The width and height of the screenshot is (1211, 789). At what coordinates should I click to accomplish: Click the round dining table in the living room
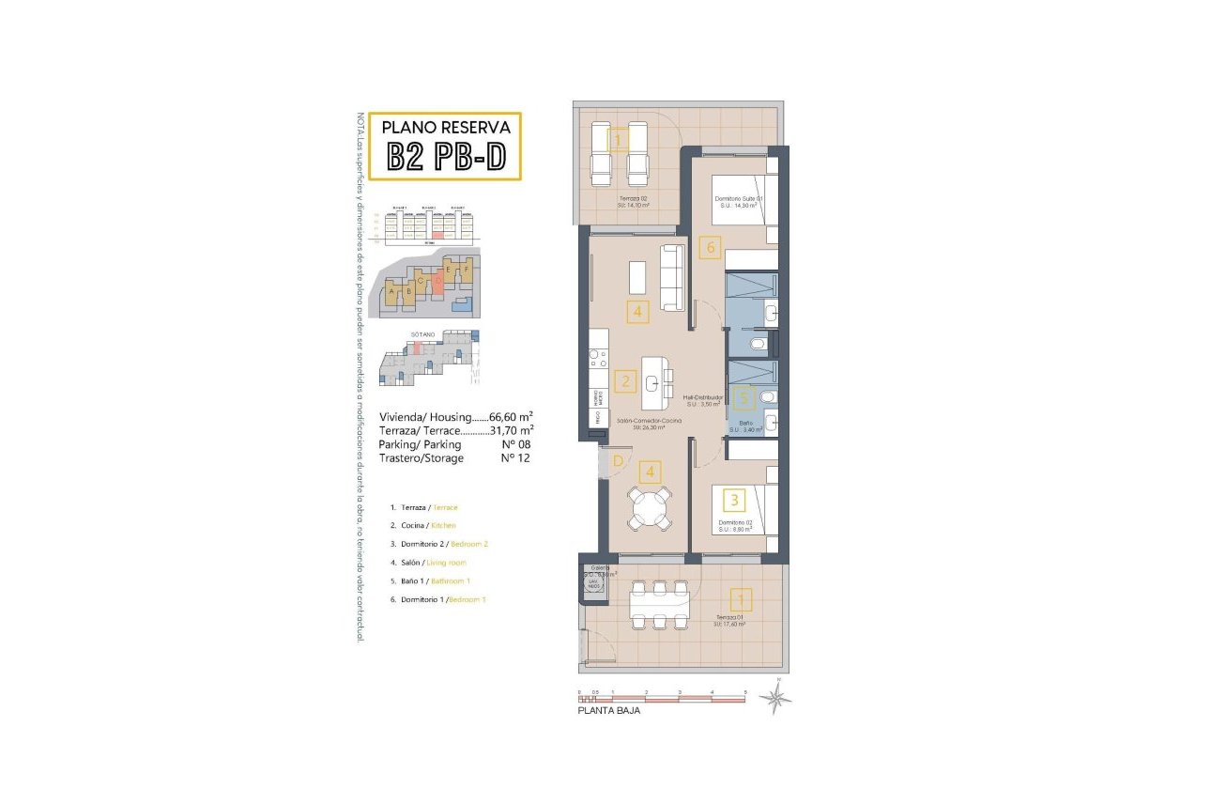tap(651, 511)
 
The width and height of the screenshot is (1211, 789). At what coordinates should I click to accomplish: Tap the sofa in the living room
tap(673, 277)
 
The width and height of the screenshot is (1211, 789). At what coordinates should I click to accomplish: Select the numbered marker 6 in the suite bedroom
tap(711, 249)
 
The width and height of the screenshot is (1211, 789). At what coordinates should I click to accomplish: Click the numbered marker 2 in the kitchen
tap(625, 381)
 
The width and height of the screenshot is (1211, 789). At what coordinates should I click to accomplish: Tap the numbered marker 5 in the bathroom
tap(743, 398)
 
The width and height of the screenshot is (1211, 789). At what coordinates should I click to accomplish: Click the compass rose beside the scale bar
tap(776, 697)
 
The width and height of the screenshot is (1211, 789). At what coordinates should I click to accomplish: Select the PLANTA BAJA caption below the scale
tap(608, 712)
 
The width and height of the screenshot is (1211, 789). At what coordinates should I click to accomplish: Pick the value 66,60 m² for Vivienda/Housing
tap(512, 416)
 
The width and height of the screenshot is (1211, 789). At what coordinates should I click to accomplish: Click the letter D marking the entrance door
tap(617, 460)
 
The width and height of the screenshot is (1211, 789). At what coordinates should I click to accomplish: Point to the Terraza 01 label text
tap(728, 618)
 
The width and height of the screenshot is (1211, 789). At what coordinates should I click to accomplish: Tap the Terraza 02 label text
tap(635, 200)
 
